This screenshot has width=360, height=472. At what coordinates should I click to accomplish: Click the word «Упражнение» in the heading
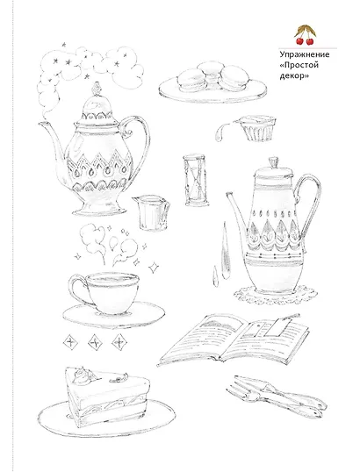tap(305, 55)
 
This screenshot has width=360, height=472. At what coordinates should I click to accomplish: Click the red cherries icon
tap(305, 35)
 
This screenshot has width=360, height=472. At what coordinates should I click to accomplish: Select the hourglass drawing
tap(196, 180)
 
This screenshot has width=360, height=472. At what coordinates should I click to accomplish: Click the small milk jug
tap(152, 212)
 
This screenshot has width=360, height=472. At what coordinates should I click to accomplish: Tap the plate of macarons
tap(212, 82)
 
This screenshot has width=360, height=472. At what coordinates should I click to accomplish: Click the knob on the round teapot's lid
tap(96, 89)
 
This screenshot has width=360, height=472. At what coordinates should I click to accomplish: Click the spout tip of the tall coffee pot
tap(229, 194)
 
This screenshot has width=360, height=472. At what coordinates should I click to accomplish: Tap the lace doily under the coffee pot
tap(276, 295)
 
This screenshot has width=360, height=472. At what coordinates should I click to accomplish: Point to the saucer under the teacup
tap(114, 316)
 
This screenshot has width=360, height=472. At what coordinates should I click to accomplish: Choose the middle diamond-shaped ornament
tap(95, 342)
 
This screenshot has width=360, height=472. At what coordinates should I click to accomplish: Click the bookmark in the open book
tap(281, 325)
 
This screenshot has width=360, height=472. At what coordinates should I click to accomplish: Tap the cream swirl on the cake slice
tap(83, 375)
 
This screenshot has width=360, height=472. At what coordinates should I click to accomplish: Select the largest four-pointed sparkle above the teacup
tap(154, 267)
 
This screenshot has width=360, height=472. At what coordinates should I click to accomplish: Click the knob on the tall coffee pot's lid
tap(274, 162)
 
